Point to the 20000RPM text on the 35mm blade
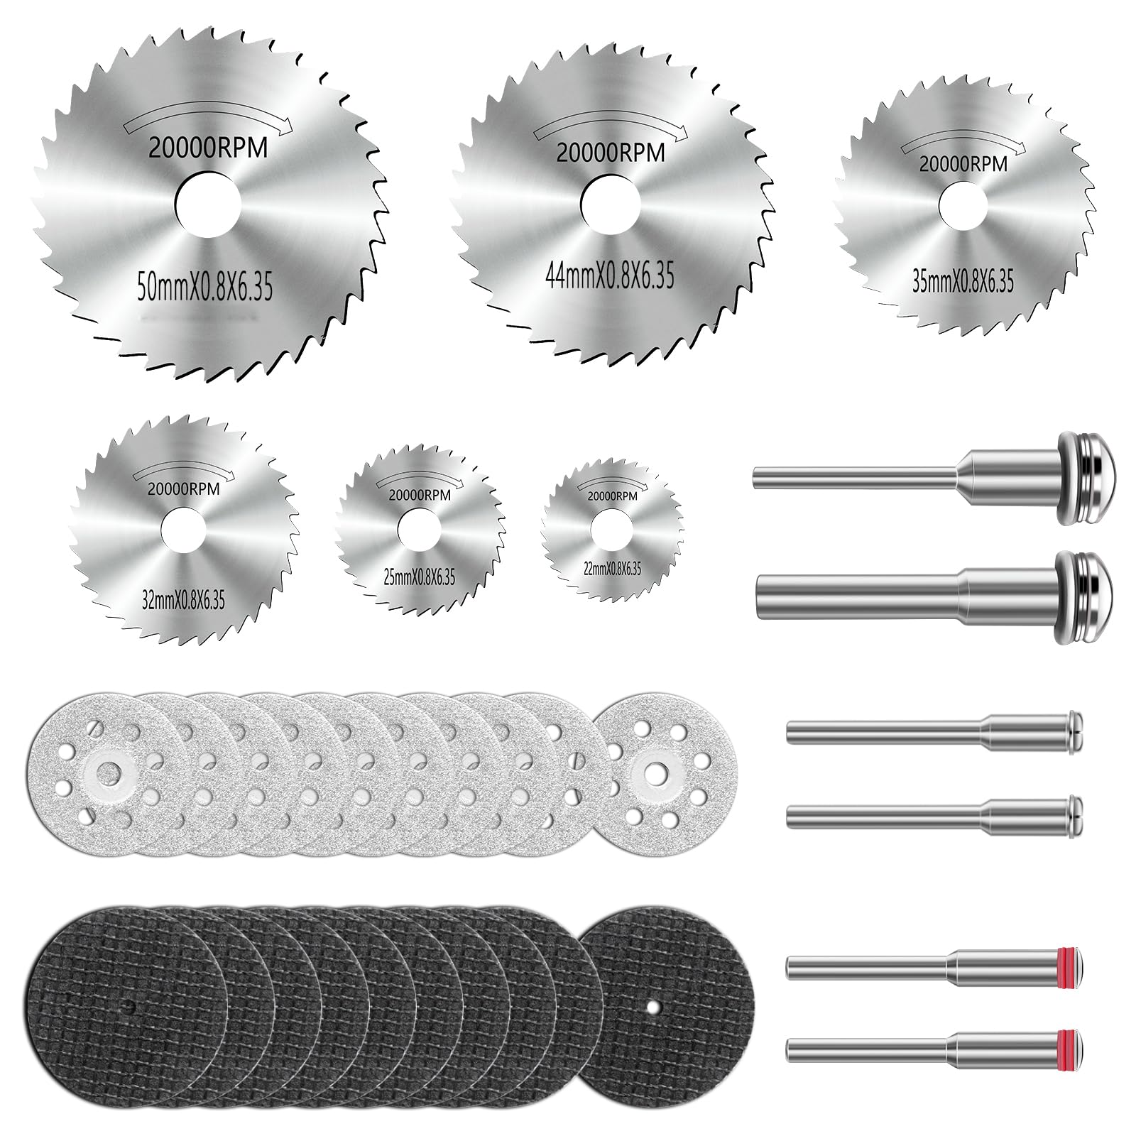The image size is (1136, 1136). tap(963, 164)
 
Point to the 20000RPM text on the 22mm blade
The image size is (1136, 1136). tap(611, 496)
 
